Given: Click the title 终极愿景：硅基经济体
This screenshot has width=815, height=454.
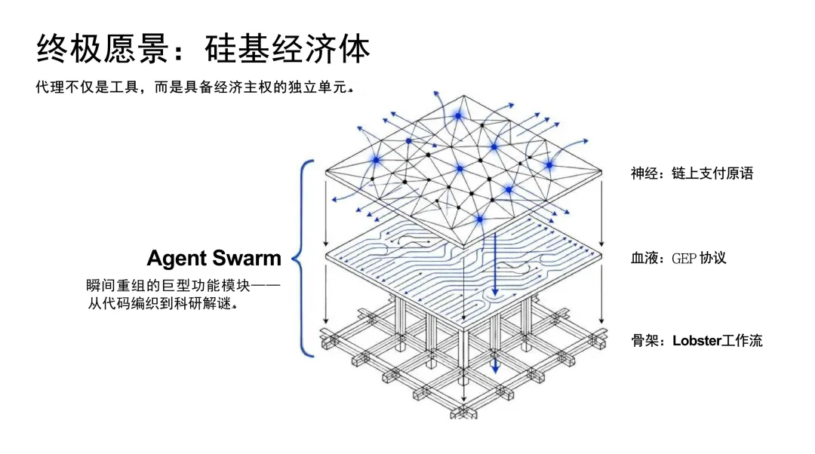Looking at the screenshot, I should [x=204, y=50].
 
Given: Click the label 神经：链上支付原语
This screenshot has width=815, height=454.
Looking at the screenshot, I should [x=692, y=173].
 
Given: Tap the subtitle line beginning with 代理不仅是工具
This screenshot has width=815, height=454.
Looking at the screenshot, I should [x=194, y=87].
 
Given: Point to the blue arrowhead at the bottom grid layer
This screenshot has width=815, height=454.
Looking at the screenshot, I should [x=495, y=367].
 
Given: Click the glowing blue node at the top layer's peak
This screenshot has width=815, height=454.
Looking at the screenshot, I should [x=457, y=115].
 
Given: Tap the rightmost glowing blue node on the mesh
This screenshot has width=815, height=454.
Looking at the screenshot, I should [x=549, y=164].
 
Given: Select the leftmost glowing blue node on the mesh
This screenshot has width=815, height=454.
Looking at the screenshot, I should [x=375, y=160].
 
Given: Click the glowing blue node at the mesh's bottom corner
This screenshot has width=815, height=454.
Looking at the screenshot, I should [x=479, y=219].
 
